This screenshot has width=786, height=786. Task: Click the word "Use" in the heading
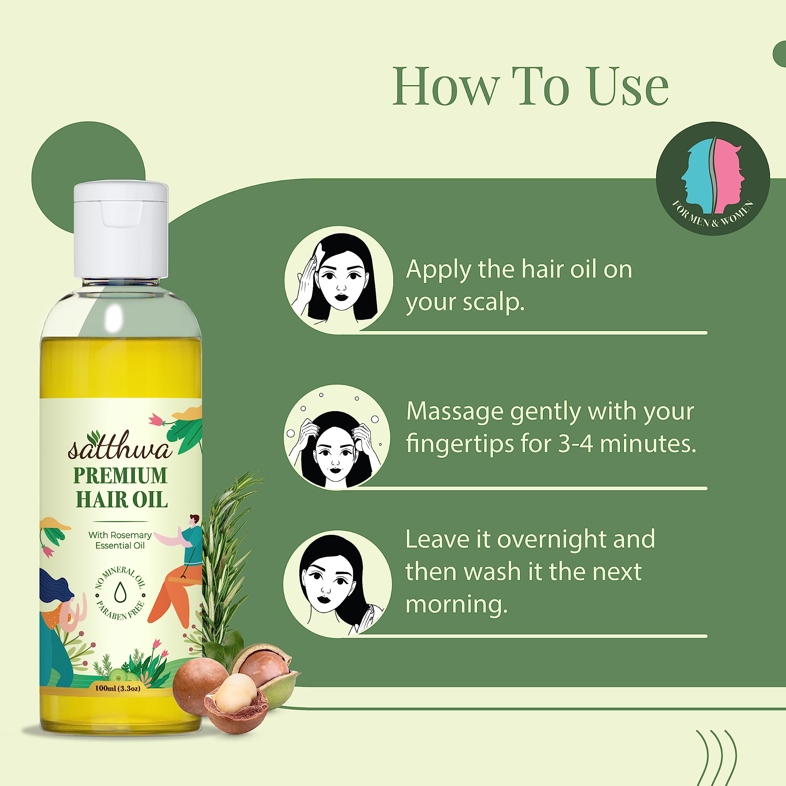(x=628, y=86)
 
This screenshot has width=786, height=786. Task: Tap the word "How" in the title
(x=446, y=86)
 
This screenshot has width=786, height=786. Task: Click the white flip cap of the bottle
(x=121, y=230)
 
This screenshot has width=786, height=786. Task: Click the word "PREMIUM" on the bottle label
(x=120, y=475)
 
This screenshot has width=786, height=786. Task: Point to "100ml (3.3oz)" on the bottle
(x=118, y=688)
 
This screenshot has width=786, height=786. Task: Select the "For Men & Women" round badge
(x=713, y=179)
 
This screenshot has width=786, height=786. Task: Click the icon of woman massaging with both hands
(x=337, y=437)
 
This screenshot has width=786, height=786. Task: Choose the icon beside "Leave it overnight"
(x=338, y=583)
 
